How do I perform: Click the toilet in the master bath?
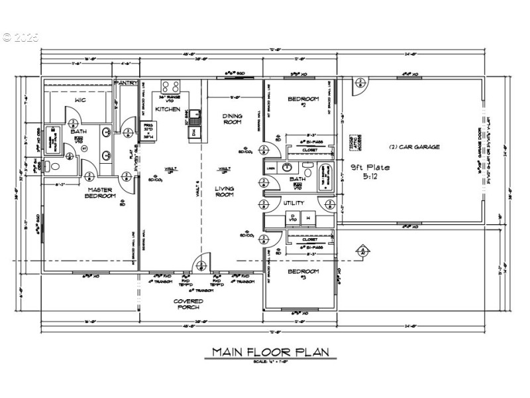[54, 163]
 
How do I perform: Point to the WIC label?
[80, 100]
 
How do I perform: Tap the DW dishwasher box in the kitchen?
[193, 132]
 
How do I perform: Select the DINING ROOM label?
[231, 119]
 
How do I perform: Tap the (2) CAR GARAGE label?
[414, 147]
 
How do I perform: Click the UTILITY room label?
[293, 203]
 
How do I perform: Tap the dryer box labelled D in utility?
[291, 217]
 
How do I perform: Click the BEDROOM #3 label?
[303, 273]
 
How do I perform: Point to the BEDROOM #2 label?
[303, 101]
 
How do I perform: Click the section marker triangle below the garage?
[362, 251]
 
